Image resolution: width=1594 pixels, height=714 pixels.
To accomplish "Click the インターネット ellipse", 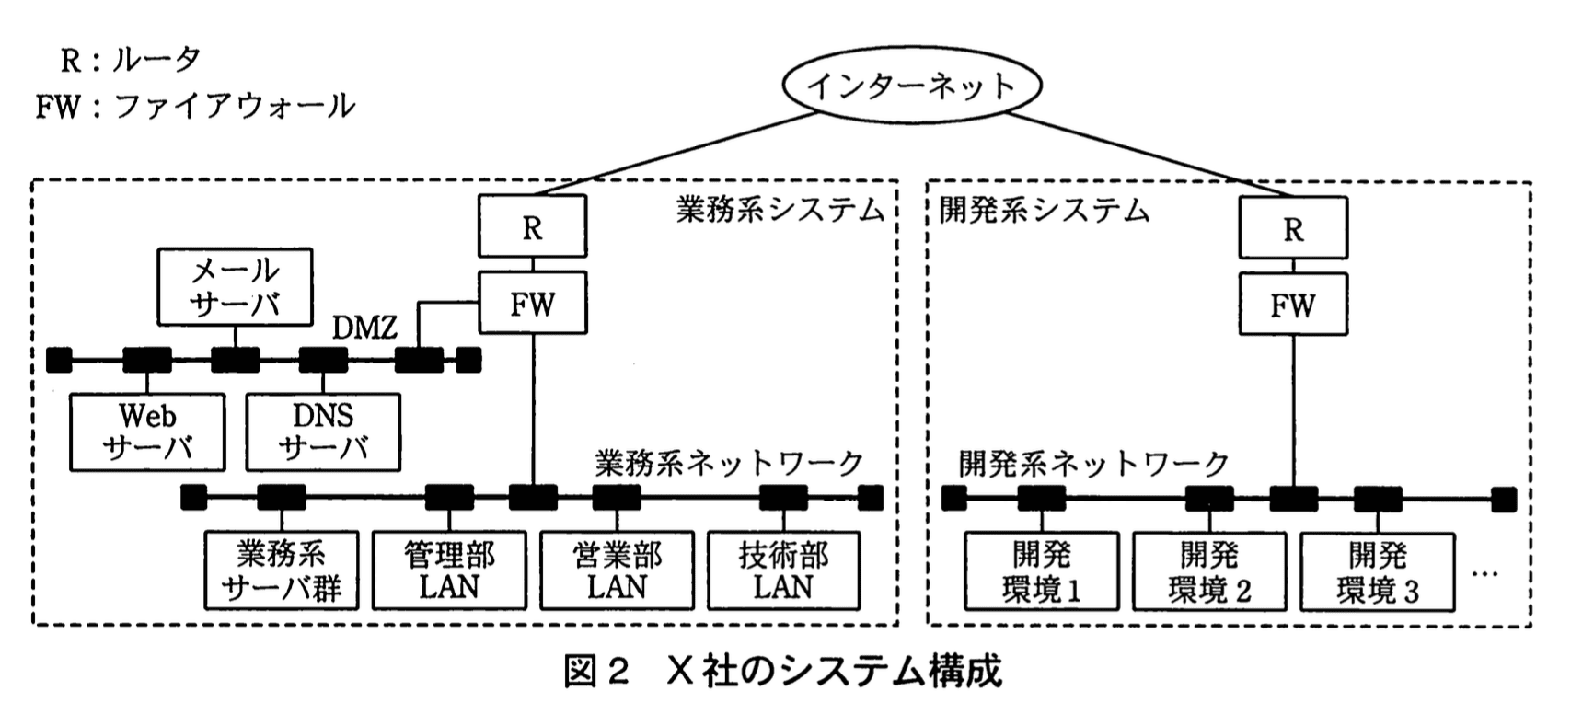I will [910, 85].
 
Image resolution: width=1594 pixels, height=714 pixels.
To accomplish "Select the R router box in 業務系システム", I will [532, 226].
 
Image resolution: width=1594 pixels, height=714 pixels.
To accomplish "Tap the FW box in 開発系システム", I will [1292, 305].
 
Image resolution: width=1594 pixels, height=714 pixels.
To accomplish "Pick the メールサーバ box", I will [235, 286].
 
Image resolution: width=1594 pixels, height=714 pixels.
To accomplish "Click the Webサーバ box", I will [147, 432].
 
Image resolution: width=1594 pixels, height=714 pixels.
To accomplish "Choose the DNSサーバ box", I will [323, 432].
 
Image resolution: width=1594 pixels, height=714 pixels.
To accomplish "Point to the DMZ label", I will [364, 327].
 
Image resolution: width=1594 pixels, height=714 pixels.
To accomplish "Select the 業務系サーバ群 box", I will [282, 570].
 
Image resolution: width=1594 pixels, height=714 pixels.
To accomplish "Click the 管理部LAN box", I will [449, 570].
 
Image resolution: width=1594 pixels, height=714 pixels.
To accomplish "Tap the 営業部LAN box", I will [617, 570].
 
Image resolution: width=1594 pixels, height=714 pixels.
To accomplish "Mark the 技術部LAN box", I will [783, 570].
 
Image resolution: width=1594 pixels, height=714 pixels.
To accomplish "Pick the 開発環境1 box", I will [1042, 571].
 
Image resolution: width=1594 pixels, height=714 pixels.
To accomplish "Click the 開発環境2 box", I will [1209, 571].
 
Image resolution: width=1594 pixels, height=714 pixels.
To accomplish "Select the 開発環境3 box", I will [1377, 571].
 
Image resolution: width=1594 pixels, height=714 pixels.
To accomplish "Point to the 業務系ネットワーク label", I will [729, 463].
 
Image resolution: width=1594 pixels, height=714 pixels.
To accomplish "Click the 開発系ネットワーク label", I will [1093, 463].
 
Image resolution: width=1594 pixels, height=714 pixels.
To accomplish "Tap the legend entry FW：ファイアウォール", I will [195, 106].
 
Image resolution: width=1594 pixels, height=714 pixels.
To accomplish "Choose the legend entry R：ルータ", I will [130, 60].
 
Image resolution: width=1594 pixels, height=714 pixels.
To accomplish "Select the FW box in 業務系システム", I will [532, 303].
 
